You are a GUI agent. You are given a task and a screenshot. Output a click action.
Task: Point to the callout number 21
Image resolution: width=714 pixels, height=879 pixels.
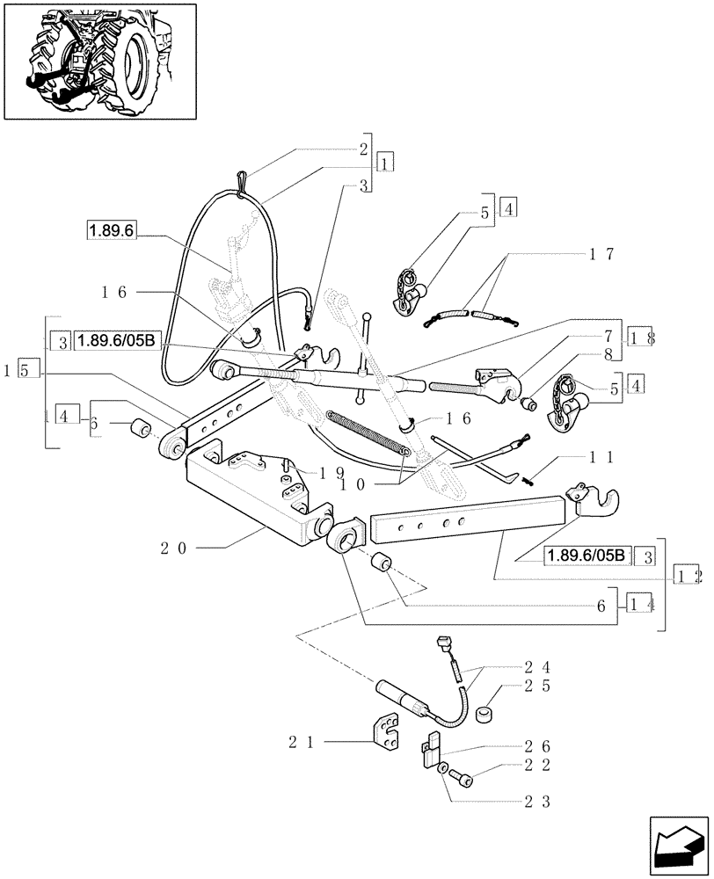point(301,743)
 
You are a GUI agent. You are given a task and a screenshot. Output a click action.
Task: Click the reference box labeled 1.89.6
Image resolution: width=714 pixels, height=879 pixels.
point(112,230)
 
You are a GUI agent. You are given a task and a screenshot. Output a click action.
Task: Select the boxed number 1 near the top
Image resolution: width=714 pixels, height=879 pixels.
point(385,162)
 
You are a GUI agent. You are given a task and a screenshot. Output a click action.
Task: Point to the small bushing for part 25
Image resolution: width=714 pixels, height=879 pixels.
point(483,715)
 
